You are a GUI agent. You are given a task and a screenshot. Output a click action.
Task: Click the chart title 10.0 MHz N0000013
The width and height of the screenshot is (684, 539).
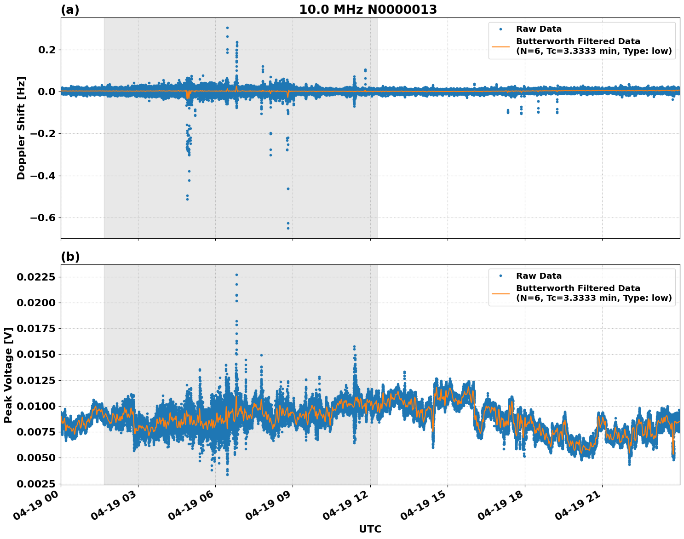point(368,10)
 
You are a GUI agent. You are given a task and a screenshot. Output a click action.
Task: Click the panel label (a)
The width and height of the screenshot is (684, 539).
point(70,10)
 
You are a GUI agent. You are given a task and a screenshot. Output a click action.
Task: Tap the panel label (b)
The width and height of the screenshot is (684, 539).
point(70,257)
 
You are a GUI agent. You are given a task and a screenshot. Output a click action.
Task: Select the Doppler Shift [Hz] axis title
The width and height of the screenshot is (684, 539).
point(21,128)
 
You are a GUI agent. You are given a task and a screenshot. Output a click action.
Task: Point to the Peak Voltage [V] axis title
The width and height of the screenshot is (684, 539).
point(8,375)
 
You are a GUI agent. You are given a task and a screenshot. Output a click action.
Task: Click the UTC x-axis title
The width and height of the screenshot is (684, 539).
point(370,529)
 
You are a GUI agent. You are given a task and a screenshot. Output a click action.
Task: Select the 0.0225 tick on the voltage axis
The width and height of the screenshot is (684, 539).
point(36,277)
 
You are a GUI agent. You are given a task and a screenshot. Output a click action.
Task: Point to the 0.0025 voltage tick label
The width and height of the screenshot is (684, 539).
point(36,484)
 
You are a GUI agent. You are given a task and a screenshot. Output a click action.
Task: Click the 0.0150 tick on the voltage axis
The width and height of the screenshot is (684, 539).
point(36,354)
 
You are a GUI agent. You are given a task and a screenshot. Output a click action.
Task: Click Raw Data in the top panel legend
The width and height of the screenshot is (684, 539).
point(539,29)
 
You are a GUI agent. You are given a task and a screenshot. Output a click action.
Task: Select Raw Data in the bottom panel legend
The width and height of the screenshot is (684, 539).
point(539,276)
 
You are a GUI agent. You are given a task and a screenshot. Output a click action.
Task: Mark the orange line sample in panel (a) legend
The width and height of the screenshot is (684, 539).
point(500,46)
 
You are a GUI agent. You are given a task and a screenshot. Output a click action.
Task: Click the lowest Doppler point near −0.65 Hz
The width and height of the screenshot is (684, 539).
point(288,228)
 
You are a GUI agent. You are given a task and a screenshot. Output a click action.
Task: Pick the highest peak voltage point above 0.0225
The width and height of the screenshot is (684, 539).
point(236,275)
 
